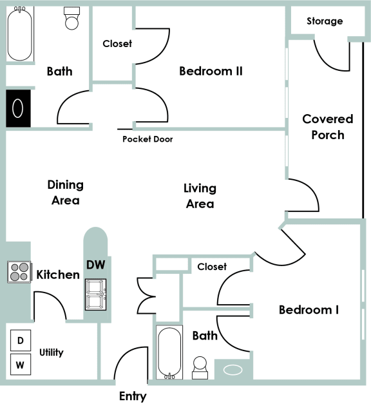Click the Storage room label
tap(325, 21)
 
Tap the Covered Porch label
tap(328, 127)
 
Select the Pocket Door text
tap(147, 139)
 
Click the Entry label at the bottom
tap(133, 396)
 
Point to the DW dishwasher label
tap(95, 264)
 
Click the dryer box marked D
tap(20, 340)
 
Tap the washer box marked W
tap(20, 365)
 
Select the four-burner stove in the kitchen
tap(19, 272)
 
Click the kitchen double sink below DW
tap(96, 294)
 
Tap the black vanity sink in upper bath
tap(18, 108)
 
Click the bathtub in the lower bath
tap(170, 353)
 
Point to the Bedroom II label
tap(211, 71)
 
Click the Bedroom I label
tap(309, 310)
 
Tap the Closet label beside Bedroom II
tap(117, 44)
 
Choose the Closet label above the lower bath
tap(212, 266)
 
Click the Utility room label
tap(51, 352)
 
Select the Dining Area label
tap(65, 193)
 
